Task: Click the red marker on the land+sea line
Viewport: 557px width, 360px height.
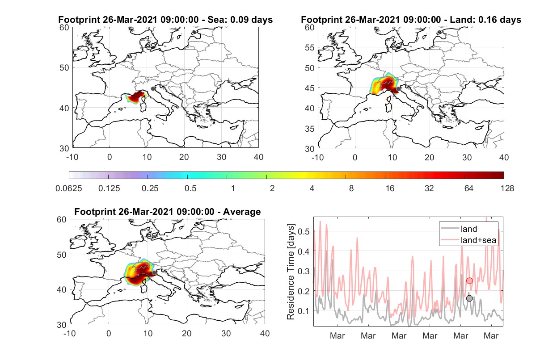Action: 469,281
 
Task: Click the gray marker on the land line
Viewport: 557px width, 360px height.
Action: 469,298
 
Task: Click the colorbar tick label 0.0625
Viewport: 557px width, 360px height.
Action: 69,188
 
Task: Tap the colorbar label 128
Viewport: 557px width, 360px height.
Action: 507,188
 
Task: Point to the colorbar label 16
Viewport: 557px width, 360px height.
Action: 390,188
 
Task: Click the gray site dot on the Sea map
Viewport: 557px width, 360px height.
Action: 153,89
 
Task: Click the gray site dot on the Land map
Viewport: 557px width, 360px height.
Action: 398,89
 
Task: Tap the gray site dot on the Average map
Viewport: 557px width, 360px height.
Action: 154,273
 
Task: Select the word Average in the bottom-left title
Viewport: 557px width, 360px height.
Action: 242,212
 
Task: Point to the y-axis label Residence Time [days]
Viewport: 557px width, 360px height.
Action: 291,272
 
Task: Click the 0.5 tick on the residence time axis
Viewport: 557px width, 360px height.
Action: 304,231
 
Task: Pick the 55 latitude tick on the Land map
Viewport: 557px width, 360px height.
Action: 310,47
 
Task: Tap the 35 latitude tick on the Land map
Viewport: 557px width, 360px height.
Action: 310,129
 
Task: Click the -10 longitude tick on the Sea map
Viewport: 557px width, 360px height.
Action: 72,157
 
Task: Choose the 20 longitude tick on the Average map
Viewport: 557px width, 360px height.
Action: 187,333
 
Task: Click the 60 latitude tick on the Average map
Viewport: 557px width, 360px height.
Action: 62,220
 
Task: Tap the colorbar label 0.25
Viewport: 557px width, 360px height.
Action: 150,188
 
